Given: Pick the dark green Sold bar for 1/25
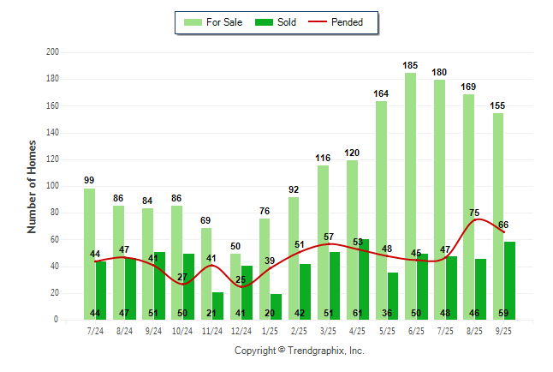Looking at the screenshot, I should (276, 307).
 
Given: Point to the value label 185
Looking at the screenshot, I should (411, 65).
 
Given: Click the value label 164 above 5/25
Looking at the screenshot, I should (382, 93).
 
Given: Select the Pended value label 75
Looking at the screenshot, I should (474, 213).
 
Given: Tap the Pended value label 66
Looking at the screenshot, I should (503, 225).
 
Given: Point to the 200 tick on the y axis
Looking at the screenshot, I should (52, 52).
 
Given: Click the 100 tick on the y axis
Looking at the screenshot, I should (52, 186).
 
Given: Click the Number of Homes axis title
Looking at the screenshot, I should (32, 186).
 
